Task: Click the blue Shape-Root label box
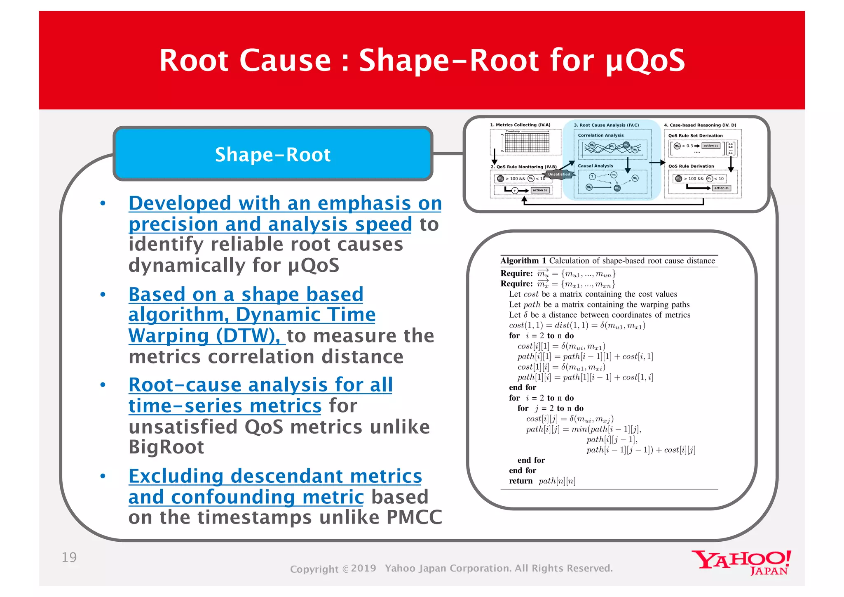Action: point(272,154)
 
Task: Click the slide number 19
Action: point(69,557)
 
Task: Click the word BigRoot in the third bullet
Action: point(166,447)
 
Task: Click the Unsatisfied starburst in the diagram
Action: point(559,175)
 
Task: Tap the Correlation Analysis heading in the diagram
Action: point(600,135)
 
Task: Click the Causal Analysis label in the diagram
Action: point(595,166)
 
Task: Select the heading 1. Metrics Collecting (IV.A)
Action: point(520,125)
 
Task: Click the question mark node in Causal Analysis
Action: point(592,176)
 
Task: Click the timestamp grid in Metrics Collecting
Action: point(527,143)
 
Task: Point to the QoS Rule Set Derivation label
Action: point(695,135)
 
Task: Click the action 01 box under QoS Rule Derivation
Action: point(721,188)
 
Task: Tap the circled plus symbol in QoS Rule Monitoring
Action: point(515,190)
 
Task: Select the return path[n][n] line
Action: point(542,481)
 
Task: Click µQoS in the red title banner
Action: point(645,61)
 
